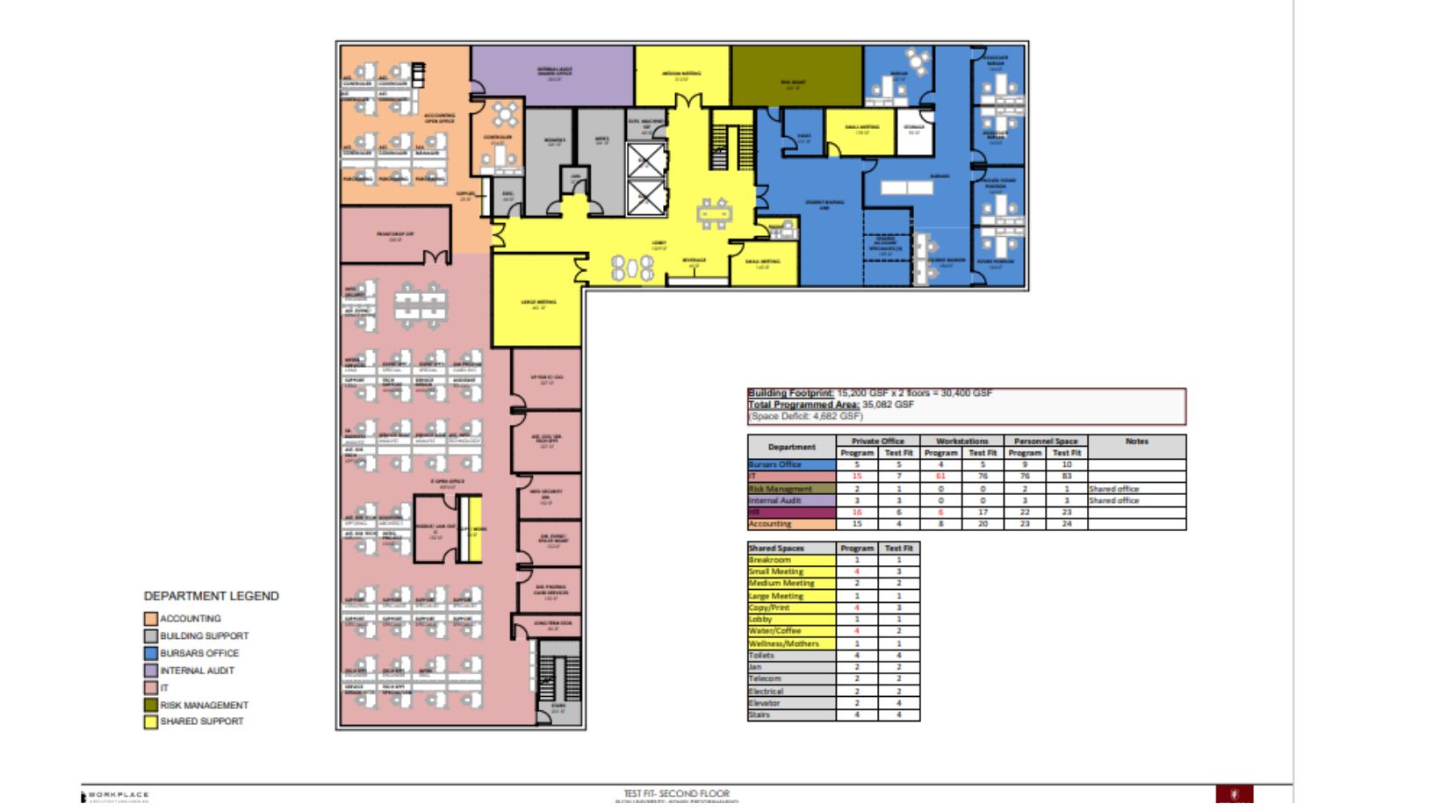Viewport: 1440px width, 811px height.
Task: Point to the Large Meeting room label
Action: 538,304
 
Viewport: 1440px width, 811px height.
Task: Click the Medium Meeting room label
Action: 681,75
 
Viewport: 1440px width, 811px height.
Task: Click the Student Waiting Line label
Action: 824,204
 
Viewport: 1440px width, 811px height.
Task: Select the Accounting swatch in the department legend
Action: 151,619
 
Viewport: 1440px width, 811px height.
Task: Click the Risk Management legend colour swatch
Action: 151,705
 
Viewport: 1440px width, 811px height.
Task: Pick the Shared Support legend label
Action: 201,721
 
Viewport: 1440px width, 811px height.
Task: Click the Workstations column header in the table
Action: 961,441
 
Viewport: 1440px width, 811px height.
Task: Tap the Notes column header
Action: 1136,441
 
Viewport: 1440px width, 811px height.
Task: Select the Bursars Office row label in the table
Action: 775,464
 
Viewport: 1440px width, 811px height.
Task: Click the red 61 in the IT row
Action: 940,477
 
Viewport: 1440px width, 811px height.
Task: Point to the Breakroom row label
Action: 770,560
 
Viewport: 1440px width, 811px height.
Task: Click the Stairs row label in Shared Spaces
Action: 760,715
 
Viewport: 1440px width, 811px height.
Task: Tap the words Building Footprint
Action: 789,393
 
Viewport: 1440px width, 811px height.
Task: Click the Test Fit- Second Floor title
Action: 676,793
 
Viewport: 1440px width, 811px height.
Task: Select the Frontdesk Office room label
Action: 395,235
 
